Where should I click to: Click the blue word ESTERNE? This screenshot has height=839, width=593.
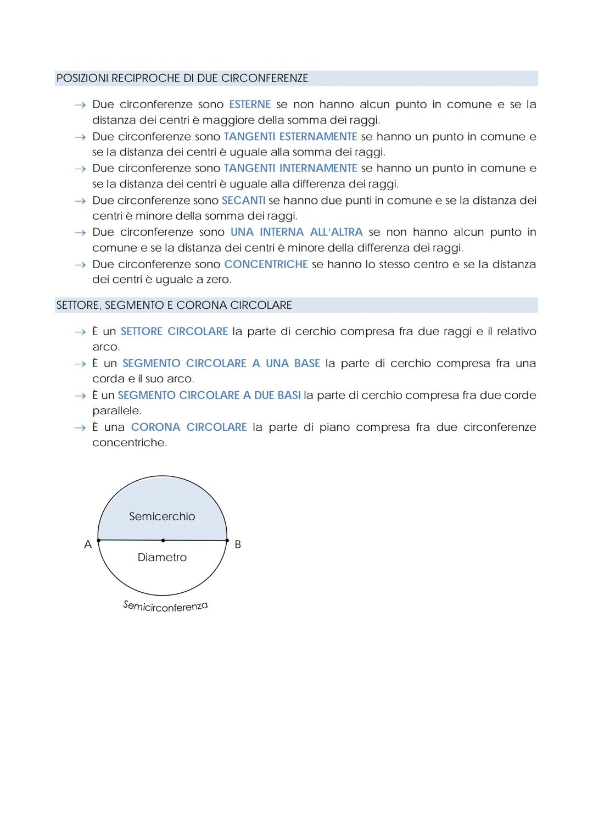click(x=250, y=104)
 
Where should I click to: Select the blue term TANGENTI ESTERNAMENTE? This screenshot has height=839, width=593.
click(x=290, y=136)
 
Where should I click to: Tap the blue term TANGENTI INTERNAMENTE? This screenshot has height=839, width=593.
click(x=290, y=168)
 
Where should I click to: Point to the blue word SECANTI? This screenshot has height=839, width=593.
click(x=243, y=201)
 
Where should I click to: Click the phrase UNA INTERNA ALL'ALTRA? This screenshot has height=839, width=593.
click(x=296, y=232)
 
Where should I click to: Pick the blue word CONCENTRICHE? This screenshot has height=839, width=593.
click(x=266, y=264)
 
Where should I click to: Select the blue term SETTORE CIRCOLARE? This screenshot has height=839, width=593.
click(x=174, y=331)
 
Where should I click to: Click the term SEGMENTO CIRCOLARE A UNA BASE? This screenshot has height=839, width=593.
click(x=221, y=363)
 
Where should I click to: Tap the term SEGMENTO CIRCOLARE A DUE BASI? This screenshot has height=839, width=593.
click(x=209, y=395)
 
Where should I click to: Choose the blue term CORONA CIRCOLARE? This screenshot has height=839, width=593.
click(x=189, y=427)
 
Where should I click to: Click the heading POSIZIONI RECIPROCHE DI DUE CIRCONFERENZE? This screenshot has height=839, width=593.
click(x=182, y=78)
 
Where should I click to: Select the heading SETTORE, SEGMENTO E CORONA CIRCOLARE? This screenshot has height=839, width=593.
click(x=174, y=305)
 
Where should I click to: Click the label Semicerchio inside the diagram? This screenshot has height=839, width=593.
click(x=162, y=516)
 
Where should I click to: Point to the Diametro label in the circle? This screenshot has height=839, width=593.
click(x=162, y=557)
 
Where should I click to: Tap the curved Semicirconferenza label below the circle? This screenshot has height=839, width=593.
click(x=165, y=606)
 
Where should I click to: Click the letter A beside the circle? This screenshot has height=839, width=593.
click(x=88, y=544)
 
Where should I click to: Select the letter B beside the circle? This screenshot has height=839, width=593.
click(x=238, y=544)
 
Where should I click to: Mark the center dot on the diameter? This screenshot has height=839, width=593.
click(x=163, y=541)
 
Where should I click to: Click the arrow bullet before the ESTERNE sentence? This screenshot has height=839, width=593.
click(x=80, y=105)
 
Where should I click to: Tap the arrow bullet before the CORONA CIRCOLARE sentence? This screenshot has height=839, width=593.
click(x=80, y=427)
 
